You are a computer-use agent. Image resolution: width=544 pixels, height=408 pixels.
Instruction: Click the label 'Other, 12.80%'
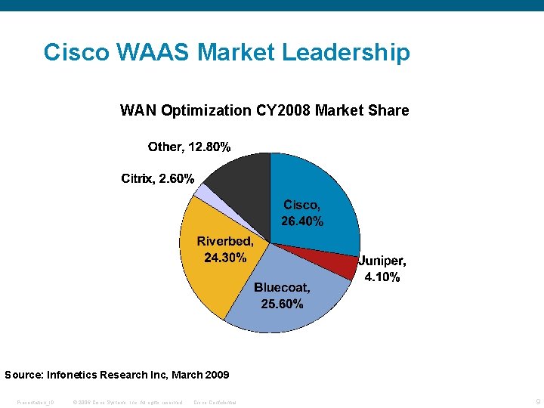pos(189,147)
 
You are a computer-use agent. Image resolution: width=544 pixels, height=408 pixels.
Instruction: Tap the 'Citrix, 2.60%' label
pos(158,179)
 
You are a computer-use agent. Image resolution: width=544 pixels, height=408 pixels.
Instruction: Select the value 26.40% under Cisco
pos(302,221)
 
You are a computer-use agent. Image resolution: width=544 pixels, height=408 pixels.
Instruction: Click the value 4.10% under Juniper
pos(382,277)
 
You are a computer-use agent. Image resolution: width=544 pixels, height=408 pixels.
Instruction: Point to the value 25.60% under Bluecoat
pos(282,304)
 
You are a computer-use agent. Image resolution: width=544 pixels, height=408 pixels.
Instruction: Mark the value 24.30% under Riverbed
pos(225,258)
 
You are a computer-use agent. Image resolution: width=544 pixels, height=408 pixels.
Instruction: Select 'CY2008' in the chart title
pos(282,110)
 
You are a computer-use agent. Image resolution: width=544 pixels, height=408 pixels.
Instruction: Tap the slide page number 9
pos(537,401)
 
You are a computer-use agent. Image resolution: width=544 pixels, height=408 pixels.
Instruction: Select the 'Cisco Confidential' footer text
pos(215,402)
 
